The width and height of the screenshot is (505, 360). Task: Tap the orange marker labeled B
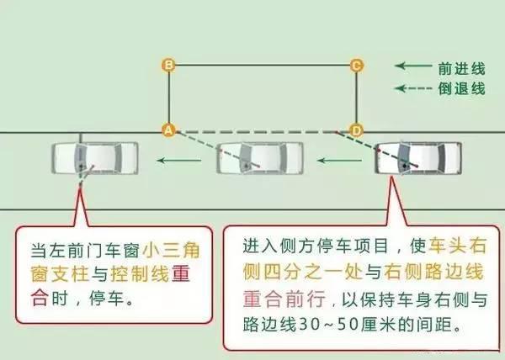(x=168, y=65)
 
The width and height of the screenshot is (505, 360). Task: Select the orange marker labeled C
(x=356, y=65)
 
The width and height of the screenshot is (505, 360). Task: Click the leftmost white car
(x=94, y=158)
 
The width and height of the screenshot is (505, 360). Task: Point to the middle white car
(x=259, y=158)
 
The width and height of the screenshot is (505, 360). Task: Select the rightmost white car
(x=417, y=158)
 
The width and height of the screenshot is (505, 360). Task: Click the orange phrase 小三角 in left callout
(x=168, y=250)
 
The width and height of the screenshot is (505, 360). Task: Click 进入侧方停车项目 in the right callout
(x=304, y=246)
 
